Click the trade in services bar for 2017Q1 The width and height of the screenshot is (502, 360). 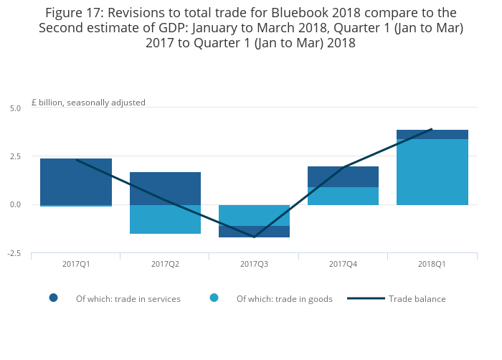[75, 181]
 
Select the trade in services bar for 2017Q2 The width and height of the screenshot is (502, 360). [165, 189]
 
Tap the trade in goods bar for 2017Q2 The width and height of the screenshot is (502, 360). [165, 219]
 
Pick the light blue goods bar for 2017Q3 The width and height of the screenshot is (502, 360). [254, 215]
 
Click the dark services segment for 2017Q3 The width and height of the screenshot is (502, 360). [254, 232]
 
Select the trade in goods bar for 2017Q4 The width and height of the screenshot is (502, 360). [343, 196]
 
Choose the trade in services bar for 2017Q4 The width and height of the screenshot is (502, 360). [343, 176]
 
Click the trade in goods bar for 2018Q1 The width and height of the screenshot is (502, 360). [432, 172]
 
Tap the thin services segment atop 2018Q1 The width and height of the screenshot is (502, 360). [432, 134]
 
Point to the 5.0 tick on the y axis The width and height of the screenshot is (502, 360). [16, 108]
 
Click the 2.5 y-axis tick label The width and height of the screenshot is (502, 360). [16, 156]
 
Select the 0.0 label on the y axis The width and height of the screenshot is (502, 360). [16, 205]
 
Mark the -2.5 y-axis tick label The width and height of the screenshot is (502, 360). [14, 254]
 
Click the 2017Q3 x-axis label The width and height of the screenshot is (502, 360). [254, 264]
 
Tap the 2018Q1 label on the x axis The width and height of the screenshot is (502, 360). [432, 264]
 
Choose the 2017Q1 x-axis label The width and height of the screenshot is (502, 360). [75, 264]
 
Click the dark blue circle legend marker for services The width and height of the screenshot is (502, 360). [53, 298]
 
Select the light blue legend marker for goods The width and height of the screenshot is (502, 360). [214, 298]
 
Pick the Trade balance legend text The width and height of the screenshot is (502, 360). [417, 299]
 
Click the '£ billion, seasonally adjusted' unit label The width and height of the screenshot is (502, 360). [88, 103]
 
